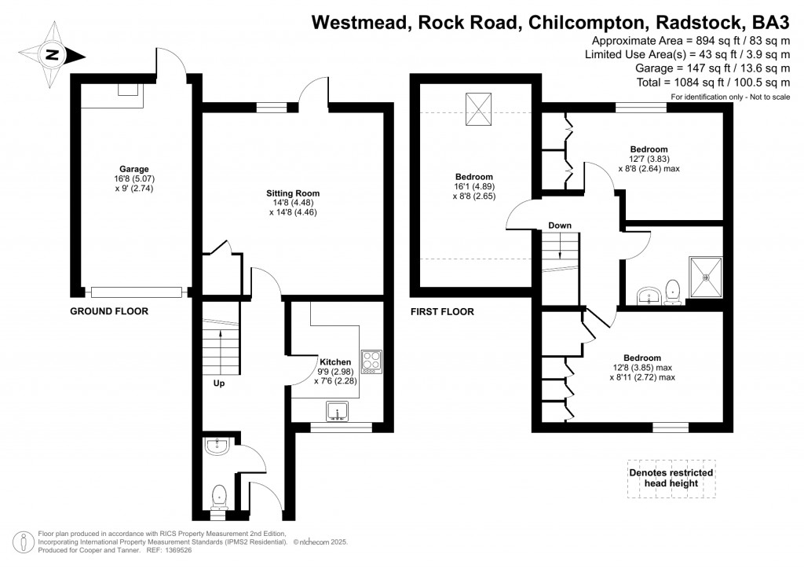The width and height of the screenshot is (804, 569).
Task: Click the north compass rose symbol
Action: click(53, 54)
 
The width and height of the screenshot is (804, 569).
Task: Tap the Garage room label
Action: click(133, 169)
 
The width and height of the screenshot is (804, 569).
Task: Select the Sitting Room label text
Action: click(293, 193)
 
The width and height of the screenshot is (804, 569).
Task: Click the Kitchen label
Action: click(335, 362)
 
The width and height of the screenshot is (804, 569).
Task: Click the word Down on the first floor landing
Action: click(560, 226)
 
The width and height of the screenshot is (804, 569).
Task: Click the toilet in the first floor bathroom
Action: click(672, 292)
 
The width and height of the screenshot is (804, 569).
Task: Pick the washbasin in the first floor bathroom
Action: click(648, 296)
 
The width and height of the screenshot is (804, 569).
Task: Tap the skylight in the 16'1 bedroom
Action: click(477, 109)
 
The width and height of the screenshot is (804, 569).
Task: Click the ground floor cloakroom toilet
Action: click(219, 496)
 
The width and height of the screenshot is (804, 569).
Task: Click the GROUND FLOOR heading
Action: click(109, 311)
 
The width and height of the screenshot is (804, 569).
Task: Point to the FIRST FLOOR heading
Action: click(442, 312)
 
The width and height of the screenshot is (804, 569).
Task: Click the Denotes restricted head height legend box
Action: click(671, 478)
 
